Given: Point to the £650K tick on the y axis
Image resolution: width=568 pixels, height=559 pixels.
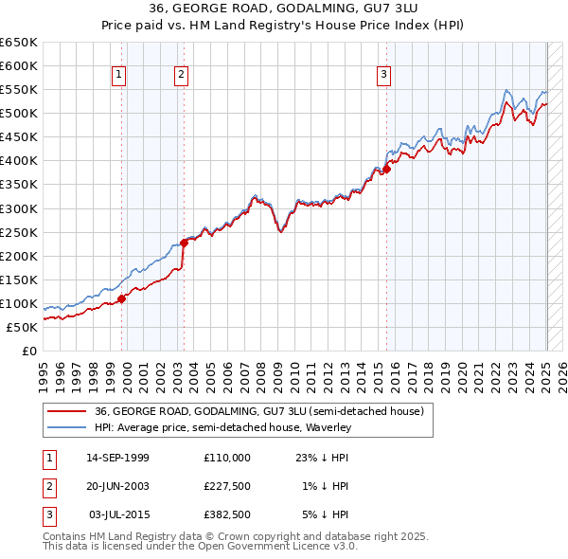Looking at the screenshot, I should point(19,43).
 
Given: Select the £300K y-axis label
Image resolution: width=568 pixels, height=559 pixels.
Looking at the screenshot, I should point(19,208).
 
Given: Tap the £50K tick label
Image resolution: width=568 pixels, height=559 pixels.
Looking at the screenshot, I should point(23,327).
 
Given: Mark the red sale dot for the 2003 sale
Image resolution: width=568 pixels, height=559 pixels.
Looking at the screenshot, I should point(185,243).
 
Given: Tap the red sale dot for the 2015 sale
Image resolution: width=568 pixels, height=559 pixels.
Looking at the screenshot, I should point(386,169).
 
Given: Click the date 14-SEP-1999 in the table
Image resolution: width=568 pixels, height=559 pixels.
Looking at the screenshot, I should point(117,458).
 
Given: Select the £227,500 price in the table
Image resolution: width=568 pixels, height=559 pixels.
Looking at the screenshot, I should point(226,486).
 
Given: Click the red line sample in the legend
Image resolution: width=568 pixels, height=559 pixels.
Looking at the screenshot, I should point(66,411).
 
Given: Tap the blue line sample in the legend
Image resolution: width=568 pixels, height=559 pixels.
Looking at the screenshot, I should point(66,427).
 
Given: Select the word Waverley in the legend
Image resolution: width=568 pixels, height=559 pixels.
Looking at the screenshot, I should point(328,427).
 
